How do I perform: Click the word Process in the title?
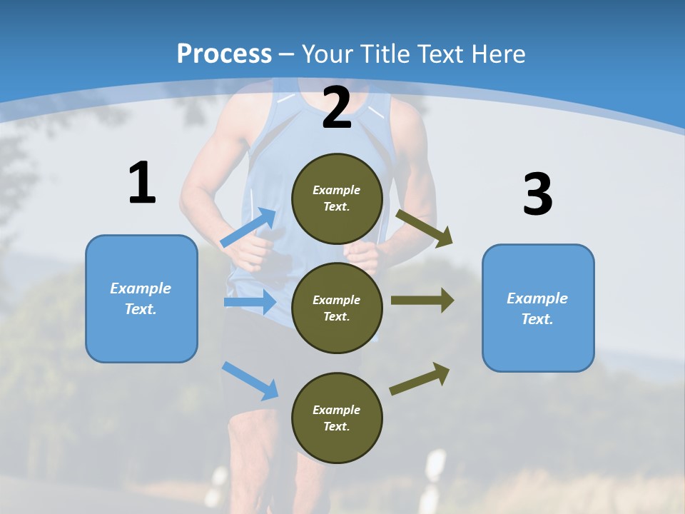coord(224,54)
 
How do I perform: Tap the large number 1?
coord(142,183)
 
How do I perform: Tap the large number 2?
coord(337,109)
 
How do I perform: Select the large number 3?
coord(537,195)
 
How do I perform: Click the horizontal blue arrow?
coord(250,302)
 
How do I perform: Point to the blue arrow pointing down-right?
coord(250,381)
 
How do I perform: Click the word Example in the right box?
coord(537,298)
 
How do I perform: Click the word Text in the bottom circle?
coord(336,427)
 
